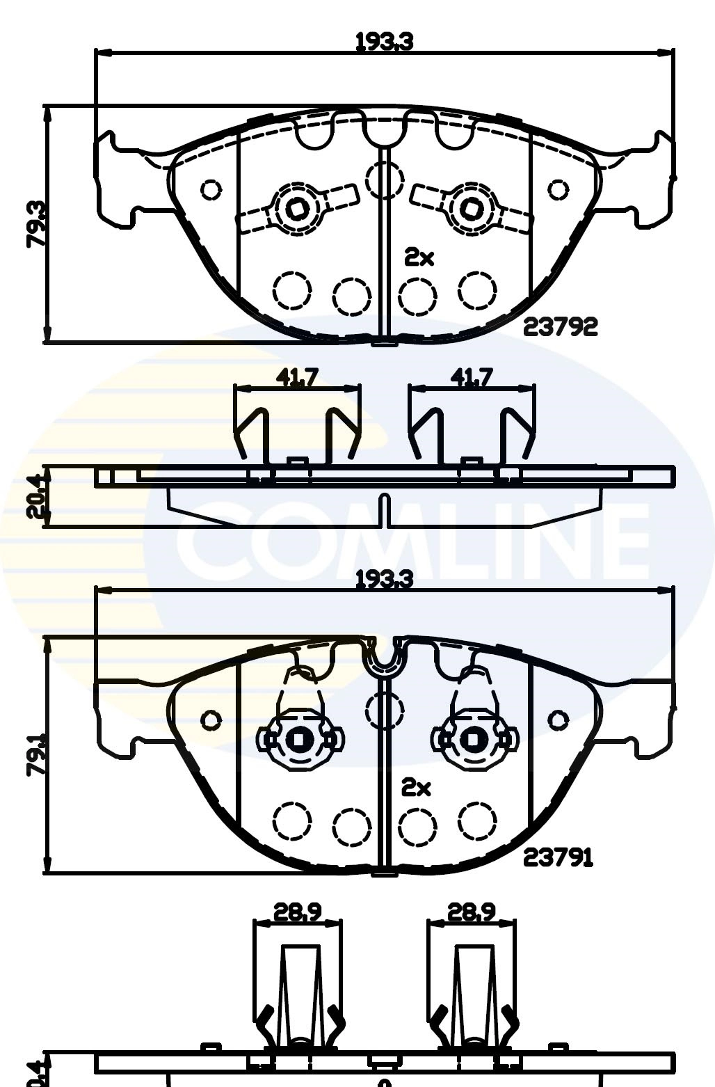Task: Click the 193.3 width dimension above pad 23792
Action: (384, 42)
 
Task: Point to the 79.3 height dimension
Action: (36, 224)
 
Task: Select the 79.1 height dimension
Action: (36, 754)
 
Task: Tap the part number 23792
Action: (560, 326)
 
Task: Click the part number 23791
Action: (558, 858)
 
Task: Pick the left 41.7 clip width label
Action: (297, 377)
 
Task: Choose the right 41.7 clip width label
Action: (472, 377)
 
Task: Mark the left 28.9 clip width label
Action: (297, 912)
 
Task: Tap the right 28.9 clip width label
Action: (472, 912)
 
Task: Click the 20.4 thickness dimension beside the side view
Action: (36, 496)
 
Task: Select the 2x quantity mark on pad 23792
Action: (419, 258)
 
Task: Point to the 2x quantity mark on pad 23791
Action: (416, 788)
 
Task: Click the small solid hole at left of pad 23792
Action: (211, 189)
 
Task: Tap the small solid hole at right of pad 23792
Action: (558, 189)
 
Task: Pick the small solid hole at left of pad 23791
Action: (211, 720)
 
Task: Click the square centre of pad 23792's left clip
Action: (298, 207)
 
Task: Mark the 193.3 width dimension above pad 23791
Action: (384, 579)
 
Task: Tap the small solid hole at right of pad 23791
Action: (558, 720)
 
